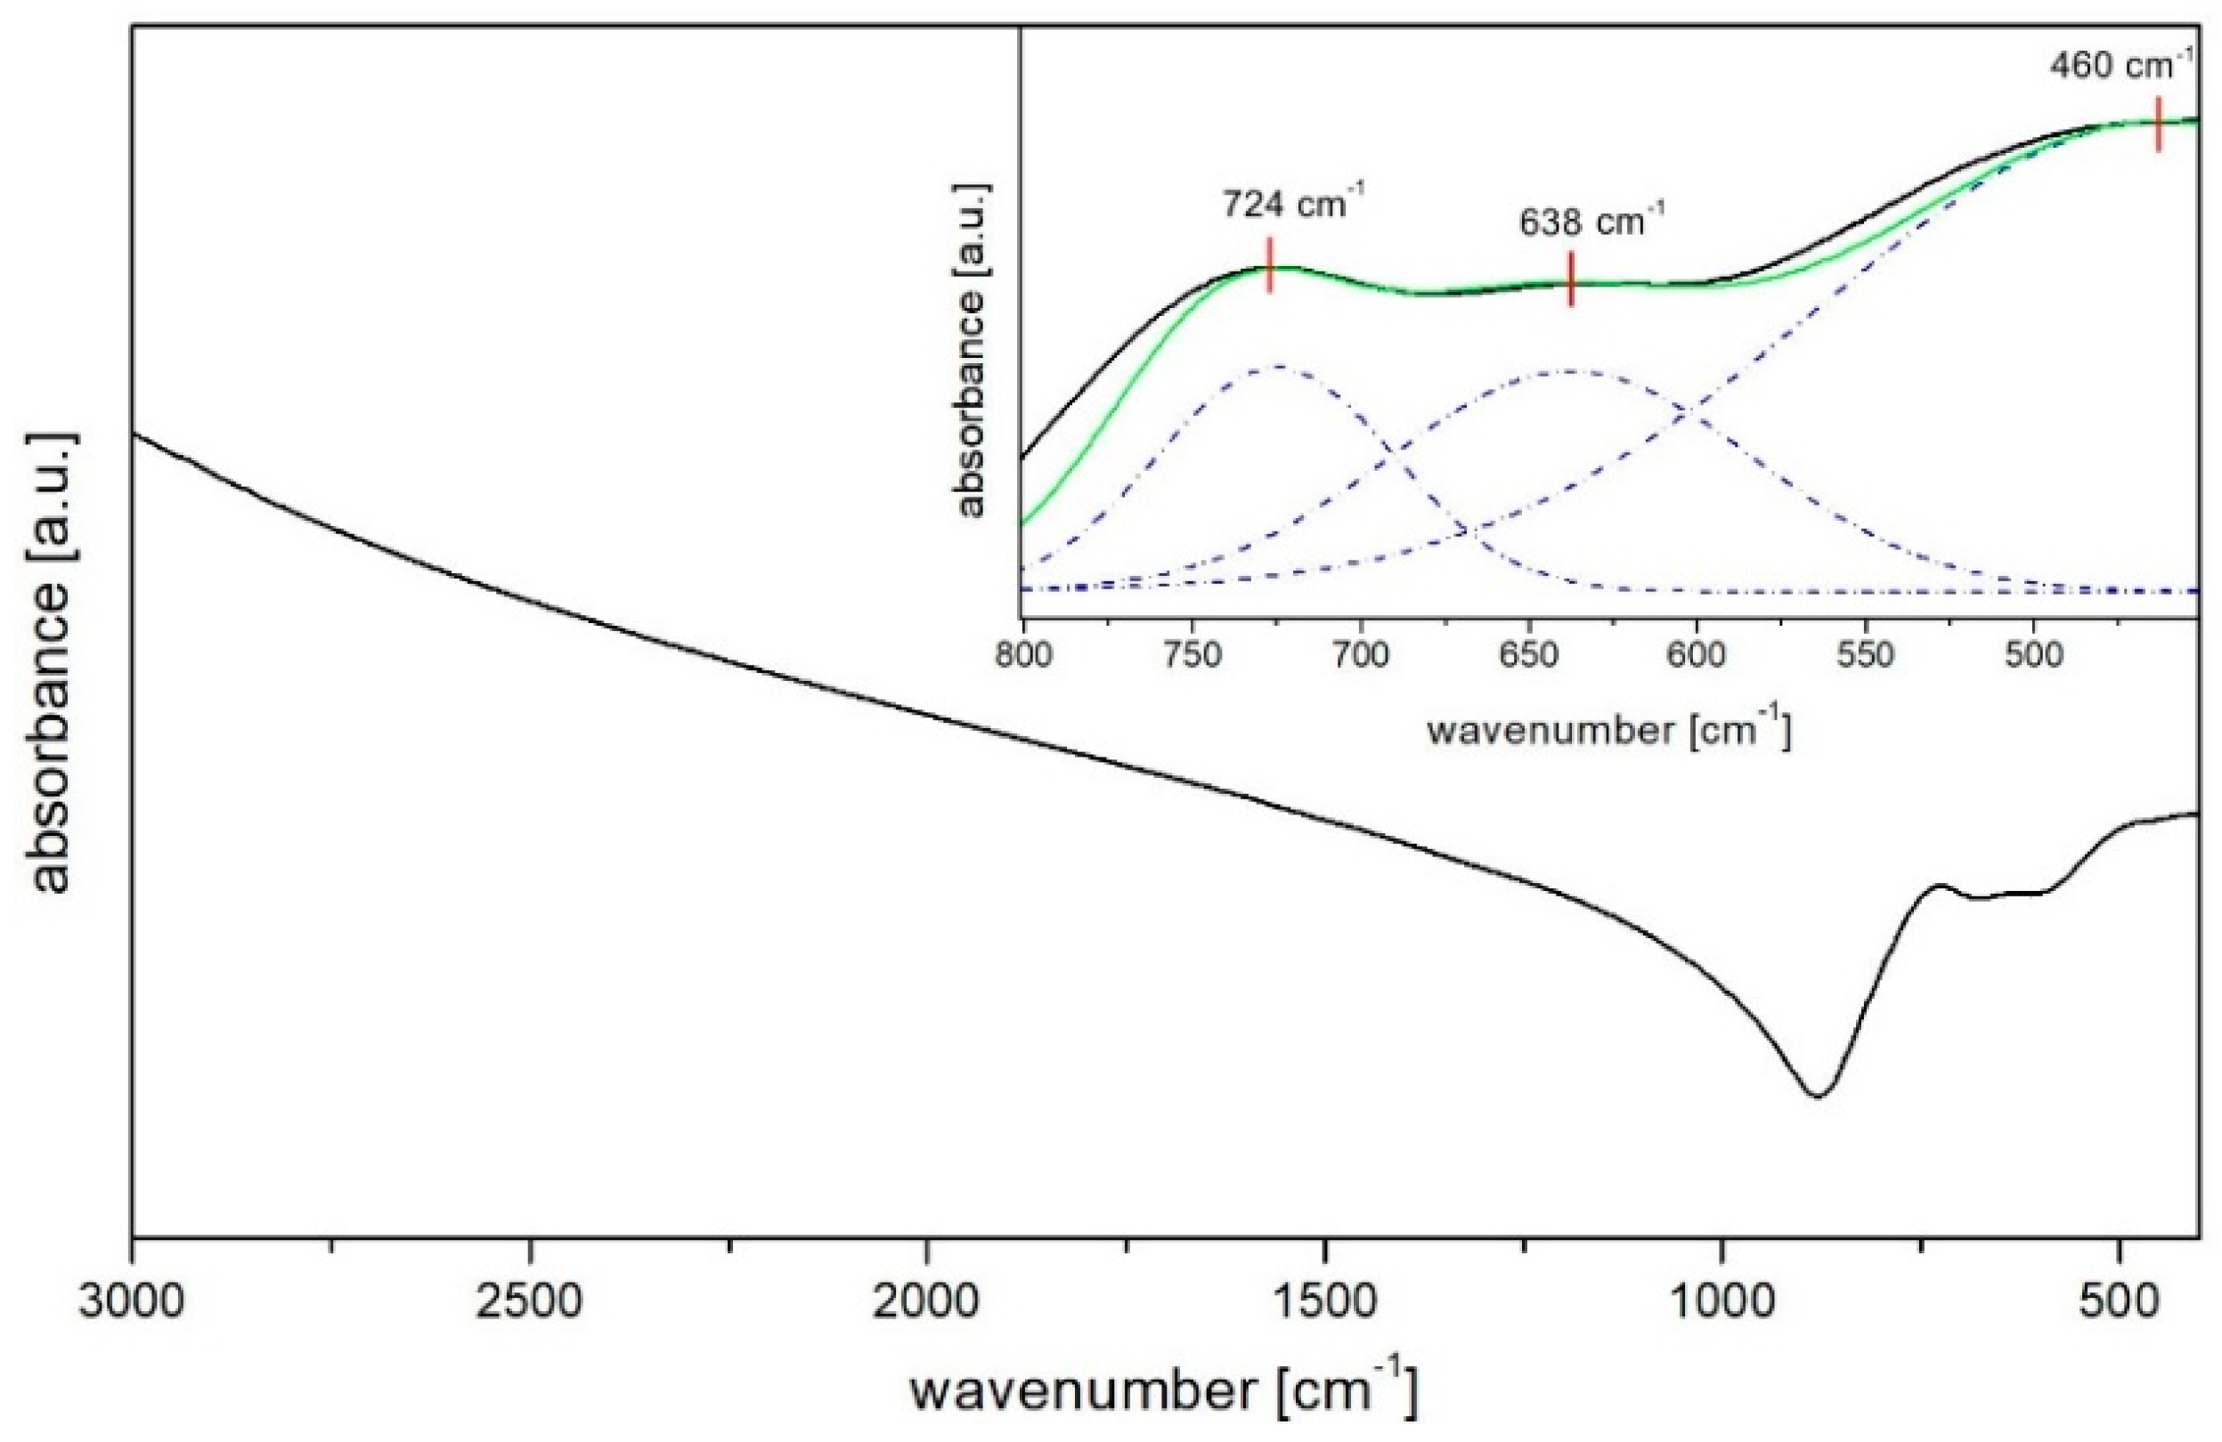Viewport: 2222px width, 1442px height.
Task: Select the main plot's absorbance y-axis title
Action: coord(52,661)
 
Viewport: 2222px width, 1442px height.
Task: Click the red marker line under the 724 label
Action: coord(1270,265)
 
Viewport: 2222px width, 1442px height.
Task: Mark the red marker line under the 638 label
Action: coord(1571,278)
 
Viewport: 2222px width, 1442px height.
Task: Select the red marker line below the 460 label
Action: coord(2159,137)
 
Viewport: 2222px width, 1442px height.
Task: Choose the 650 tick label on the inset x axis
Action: coord(1529,656)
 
